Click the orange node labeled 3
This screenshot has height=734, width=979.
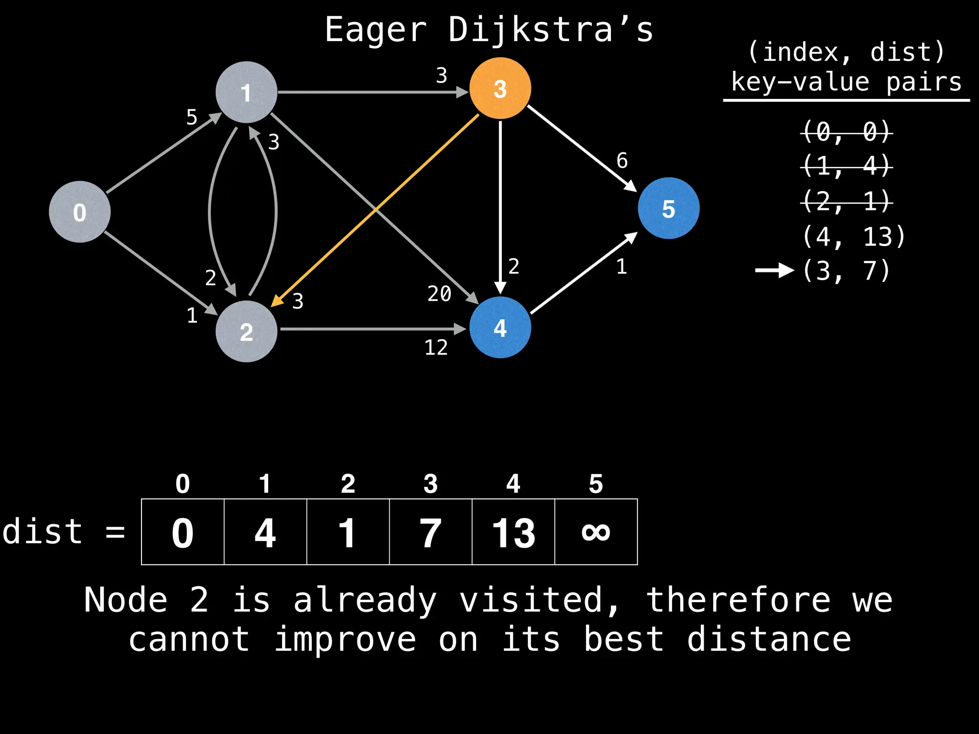coord(500,88)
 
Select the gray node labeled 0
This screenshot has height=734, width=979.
coord(80,212)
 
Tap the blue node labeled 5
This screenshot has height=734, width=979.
coord(668,208)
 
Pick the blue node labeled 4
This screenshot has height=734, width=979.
coord(500,328)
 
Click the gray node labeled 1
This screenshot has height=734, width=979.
coord(246,92)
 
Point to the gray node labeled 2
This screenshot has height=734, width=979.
coord(246,331)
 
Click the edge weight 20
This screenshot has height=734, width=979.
coord(439,293)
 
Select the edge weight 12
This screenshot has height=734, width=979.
coord(436,347)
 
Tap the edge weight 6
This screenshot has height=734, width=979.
coord(622,161)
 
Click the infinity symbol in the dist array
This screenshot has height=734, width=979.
coord(596,532)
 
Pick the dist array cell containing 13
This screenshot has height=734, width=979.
coord(513,532)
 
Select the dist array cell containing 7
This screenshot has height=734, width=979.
coord(430,532)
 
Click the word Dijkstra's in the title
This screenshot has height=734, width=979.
coord(550,30)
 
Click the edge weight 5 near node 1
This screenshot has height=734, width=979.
coord(192,117)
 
